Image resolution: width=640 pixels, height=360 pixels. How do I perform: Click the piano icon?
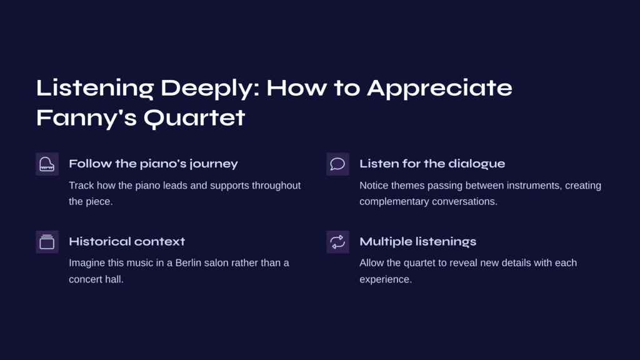click(47, 164)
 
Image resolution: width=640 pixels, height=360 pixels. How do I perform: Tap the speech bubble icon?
click(337, 164)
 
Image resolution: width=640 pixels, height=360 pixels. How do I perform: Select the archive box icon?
click(47, 242)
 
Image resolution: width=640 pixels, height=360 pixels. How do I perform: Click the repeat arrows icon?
click(337, 242)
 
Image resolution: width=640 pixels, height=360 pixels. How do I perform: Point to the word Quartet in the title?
click(194, 118)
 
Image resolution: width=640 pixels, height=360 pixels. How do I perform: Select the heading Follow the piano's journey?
click(154, 164)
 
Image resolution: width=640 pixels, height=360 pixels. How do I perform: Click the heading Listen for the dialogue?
click(432, 164)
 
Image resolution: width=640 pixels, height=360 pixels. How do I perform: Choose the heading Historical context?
click(127, 242)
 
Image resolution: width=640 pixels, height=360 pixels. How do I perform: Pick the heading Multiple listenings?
click(418, 242)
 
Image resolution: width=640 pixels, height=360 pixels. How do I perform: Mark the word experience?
click(386, 280)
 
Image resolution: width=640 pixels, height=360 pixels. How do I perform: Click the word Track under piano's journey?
click(81, 186)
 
